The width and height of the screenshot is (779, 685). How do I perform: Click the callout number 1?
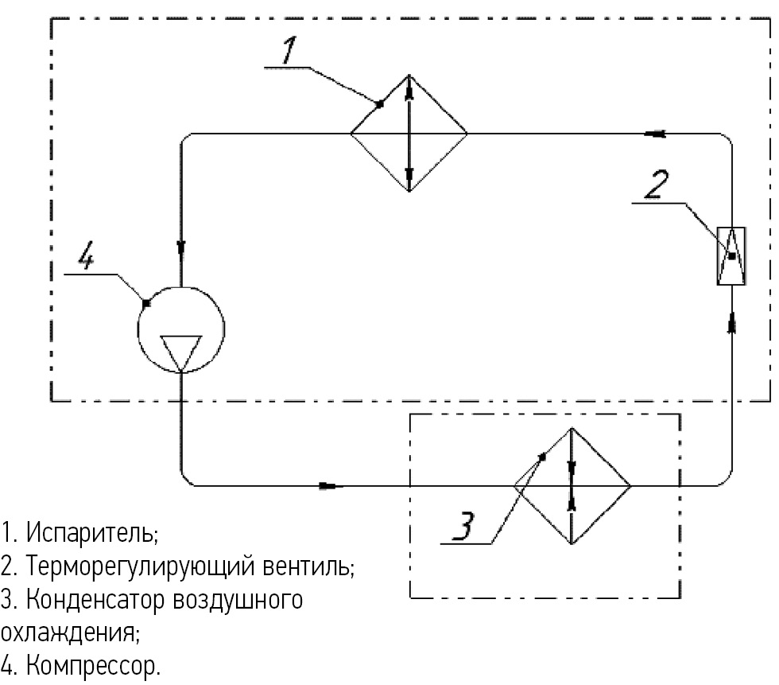point(289,51)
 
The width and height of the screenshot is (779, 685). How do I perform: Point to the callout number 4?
point(90,259)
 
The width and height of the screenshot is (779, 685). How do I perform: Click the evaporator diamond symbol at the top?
point(409,133)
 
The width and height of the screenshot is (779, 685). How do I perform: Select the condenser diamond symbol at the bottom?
point(572,485)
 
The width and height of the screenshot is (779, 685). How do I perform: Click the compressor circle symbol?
point(181,329)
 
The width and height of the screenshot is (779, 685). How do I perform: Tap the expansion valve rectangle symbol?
point(731,255)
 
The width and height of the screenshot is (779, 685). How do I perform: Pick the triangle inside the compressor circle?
point(181,350)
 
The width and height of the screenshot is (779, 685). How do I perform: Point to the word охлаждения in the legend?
point(70,633)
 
